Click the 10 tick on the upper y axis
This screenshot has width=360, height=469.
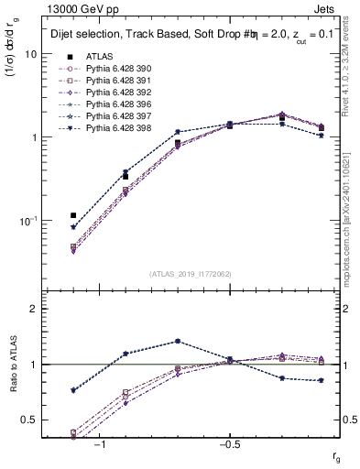click(31, 54)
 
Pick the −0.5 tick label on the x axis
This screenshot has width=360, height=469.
click(226, 445)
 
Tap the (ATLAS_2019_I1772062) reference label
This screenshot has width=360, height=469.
click(191, 274)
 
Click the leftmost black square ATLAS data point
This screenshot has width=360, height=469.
click(73, 215)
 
